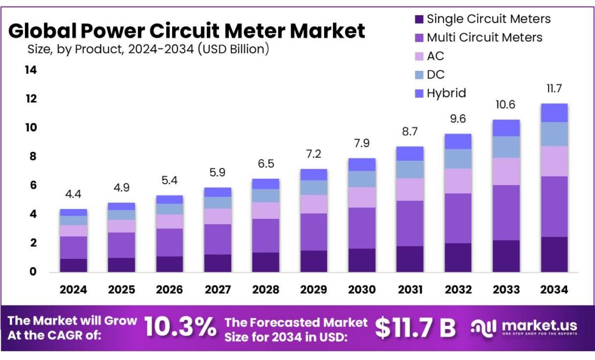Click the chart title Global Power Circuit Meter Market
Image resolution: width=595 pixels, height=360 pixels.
(x=187, y=30)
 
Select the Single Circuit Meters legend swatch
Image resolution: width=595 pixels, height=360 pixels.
(x=418, y=19)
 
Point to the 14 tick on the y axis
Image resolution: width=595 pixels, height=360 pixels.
(x=30, y=70)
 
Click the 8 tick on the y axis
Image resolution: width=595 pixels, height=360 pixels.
(x=33, y=156)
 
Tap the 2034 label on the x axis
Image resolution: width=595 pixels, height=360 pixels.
(x=554, y=289)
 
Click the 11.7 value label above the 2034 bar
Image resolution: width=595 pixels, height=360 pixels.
(x=554, y=89)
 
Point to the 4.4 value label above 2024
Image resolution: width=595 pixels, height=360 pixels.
(x=73, y=195)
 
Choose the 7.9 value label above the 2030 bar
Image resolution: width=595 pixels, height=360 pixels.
(x=362, y=143)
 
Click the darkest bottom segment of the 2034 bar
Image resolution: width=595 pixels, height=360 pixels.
(x=554, y=254)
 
